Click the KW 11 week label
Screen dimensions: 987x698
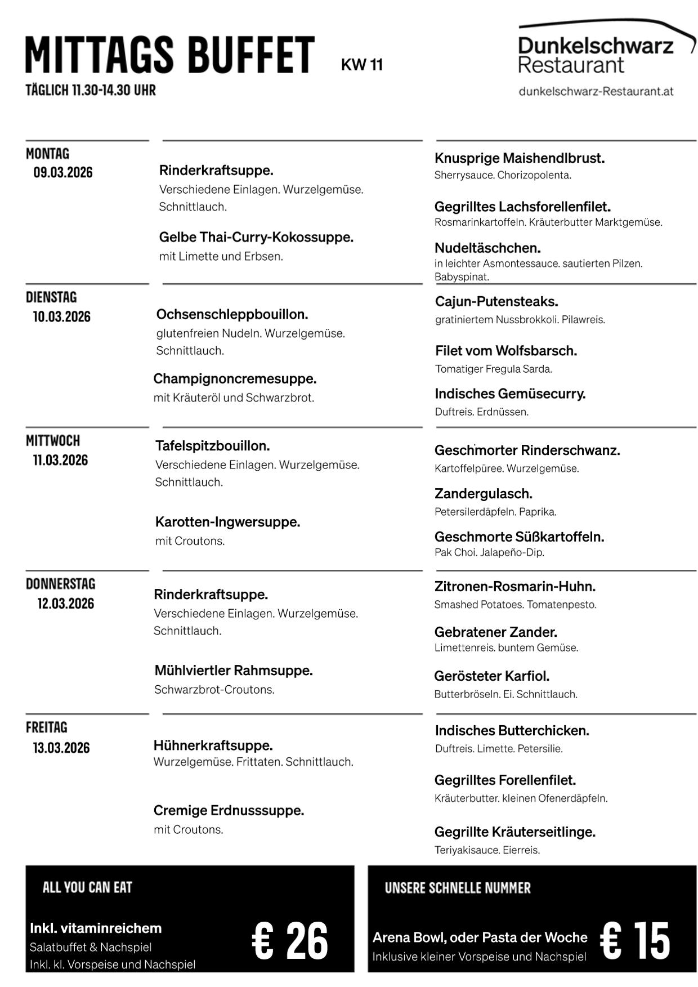(x=361, y=65)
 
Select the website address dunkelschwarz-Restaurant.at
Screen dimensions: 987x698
(x=596, y=91)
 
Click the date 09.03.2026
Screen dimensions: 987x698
(x=63, y=172)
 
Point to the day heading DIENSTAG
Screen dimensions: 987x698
(x=51, y=297)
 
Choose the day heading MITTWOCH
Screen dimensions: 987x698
(x=53, y=440)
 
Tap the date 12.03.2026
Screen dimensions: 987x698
(x=66, y=604)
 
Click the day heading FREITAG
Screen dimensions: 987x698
(x=47, y=727)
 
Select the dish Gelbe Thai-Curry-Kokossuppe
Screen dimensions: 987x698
(x=256, y=237)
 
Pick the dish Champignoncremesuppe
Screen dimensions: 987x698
(x=235, y=378)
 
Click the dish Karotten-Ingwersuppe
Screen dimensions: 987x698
(x=227, y=522)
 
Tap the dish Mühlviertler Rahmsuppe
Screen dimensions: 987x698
(x=233, y=671)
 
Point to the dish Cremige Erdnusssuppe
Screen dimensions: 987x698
(x=229, y=811)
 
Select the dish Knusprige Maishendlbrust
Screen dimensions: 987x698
(x=520, y=158)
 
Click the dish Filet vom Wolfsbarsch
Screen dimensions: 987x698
(x=506, y=351)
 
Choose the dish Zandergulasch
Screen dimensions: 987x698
(x=484, y=494)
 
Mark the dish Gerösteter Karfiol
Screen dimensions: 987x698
(x=491, y=676)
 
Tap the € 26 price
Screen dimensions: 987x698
(x=290, y=941)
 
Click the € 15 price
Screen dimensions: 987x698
(x=635, y=941)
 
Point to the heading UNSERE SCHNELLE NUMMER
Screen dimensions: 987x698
(x=458, y=888)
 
